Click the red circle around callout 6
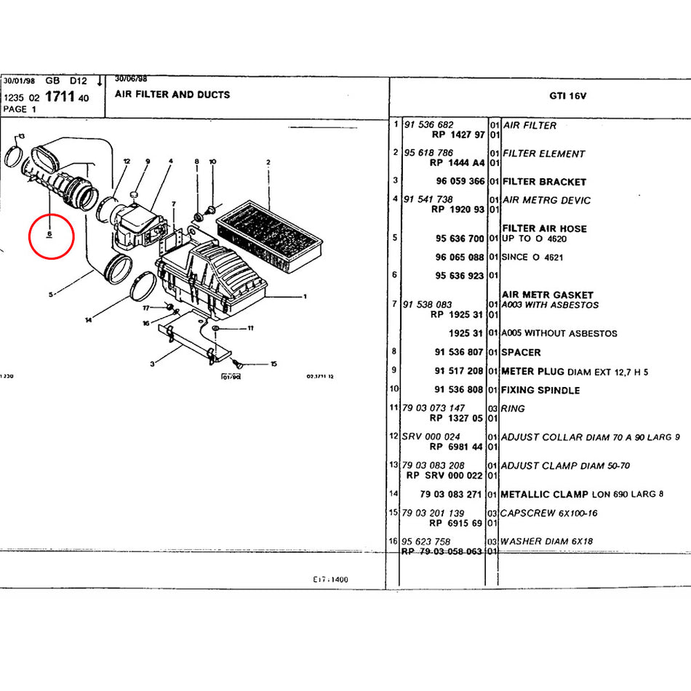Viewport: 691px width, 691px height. [50, 236]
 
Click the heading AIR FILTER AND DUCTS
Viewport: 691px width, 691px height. [172, 95]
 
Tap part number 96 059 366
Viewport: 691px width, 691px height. [460, 181]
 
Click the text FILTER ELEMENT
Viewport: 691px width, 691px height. [543, 153]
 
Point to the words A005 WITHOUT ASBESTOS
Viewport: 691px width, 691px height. [559, 333]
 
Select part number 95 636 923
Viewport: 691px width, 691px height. [460, 276]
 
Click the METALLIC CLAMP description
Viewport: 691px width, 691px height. [545, 495]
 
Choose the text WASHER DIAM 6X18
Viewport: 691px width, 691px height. [546, 541]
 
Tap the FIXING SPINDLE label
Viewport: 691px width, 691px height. [540, 390]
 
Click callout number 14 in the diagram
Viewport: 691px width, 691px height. [88, 320]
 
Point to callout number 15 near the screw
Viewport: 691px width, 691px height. [273, 364]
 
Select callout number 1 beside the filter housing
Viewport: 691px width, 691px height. [305, 297]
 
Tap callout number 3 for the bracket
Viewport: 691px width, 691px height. [152, 364]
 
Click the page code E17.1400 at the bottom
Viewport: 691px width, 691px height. [331, 580]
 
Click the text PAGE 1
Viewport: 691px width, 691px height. [15, 109]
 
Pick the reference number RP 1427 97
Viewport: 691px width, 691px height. [458, 135]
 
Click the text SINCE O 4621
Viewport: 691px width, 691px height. [532, 257]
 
